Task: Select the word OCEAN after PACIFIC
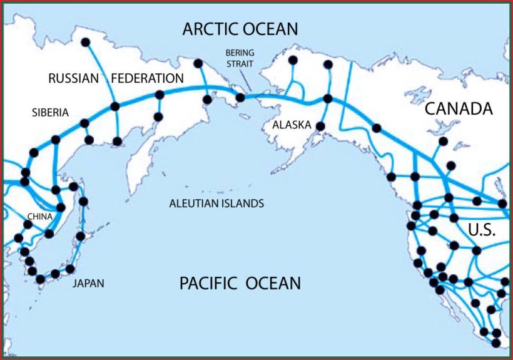tap(273, 283)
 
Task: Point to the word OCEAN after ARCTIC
tap(271, 29)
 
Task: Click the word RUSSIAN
tap(74, 79)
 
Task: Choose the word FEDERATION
tap(148, 79)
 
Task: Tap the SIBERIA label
tap(51, 113)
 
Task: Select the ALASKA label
tap(292, 125)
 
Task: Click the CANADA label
tap(459, 109)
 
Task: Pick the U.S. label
tap(482, 230)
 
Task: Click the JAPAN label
tap(88, 284)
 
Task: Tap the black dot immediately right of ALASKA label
tap(320, 126)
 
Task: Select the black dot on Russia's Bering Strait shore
tap(240, 98)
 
